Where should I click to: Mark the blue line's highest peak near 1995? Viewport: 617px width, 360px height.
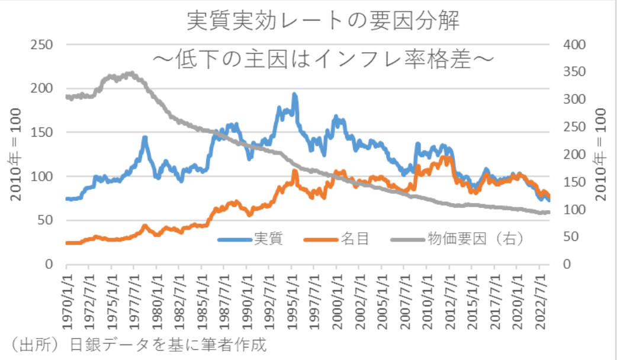point(294,95)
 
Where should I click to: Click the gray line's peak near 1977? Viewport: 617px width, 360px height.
point(131,74)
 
